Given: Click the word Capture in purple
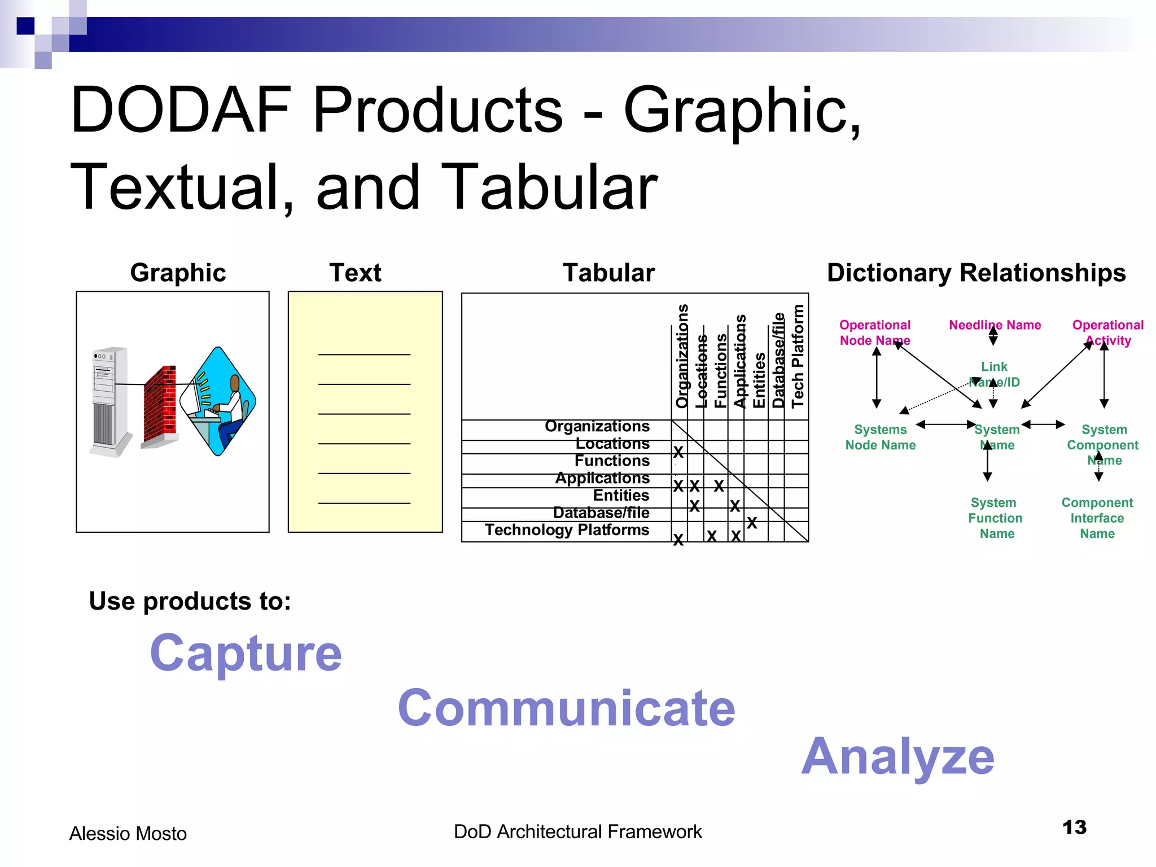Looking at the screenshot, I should [x=246, y=653].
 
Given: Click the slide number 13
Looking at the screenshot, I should [x=1074, y=827].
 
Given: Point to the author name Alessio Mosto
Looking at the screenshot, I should [x=128, y=834].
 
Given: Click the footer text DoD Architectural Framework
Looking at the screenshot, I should [x=577, y=831].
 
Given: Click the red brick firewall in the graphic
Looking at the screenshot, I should [x=160, y=405].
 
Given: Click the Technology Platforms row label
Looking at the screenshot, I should [x=567, y=530].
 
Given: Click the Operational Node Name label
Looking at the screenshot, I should [x=875, y=332].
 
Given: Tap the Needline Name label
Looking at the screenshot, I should [x=995, y=325].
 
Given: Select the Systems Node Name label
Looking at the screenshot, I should [x=880, y=437].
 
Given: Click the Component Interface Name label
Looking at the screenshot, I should [x=1097, y=518].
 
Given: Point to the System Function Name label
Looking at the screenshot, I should [x=996, y=518].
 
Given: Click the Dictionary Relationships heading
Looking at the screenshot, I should [x=976, y=273].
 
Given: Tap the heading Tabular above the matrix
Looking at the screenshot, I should [x=608, y=273].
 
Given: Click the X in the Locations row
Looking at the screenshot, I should [x=678, y=452].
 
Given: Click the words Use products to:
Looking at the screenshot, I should [x=190, y=601].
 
